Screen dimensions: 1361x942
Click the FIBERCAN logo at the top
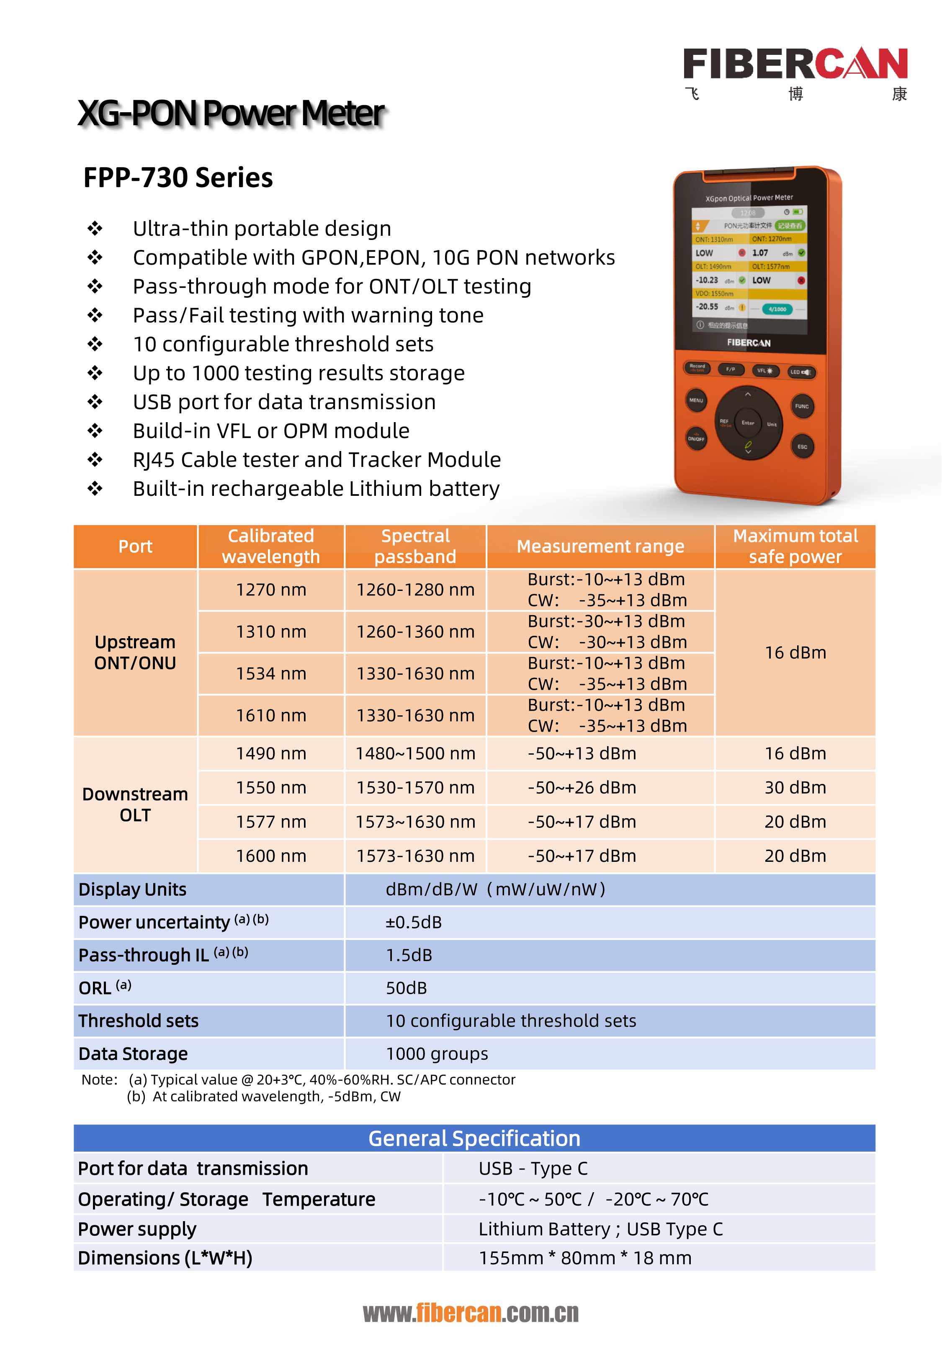795,64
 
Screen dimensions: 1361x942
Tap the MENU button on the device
696,400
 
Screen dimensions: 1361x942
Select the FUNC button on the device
801,406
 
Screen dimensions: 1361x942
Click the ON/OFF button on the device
696,438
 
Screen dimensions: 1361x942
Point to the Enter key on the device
748,423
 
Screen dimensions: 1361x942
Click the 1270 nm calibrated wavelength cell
271,590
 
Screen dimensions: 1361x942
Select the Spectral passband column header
415,546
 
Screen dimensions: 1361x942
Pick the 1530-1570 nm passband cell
415,787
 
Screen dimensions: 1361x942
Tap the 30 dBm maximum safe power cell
795,787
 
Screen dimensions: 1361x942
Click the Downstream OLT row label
135,804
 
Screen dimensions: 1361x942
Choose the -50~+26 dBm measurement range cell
582,787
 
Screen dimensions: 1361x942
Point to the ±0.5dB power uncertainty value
414,922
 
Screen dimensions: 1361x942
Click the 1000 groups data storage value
437,1054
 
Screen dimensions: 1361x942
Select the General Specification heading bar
474,1138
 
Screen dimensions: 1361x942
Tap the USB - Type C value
533,1168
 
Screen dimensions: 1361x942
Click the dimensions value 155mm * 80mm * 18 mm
585,1258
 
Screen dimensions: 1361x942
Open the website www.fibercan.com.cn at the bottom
471,1312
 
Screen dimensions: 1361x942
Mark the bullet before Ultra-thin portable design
95,228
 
